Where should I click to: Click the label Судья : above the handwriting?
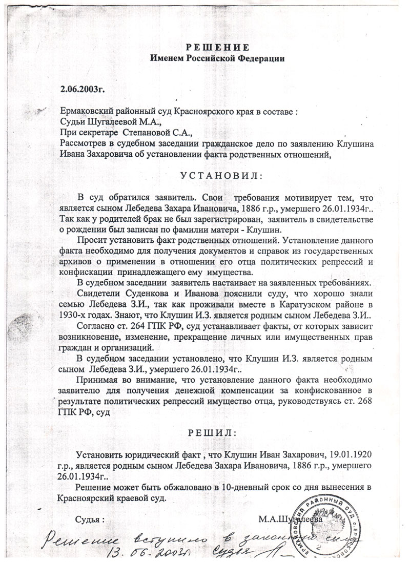pos(90,518)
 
